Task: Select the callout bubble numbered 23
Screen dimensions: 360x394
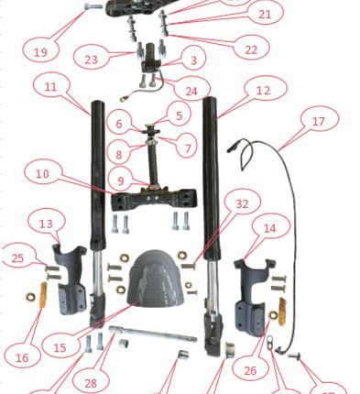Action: pyautogui.click(x=91, y=59)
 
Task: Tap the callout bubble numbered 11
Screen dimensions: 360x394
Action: pyautogui.click(x=50, y=86)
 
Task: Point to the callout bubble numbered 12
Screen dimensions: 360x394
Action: pyautogui.click(x=263, y=90)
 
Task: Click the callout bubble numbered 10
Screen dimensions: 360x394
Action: pyautogui.click(x=42, y=173)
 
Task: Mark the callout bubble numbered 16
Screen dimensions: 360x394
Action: pyautogui.click(x=22, y=356)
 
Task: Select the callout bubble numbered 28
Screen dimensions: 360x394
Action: pyautogui.click(x=91, y=382)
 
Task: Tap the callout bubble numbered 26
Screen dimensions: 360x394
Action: pyautogui.click(x=250, y=370)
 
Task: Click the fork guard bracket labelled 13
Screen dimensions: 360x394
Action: pyautogui.click(x=69, y=279)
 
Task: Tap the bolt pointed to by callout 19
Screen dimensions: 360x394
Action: pyautogui.click(x=93, y=5)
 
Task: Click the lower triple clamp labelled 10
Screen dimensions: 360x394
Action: pyautogui.click(x=153, y=199)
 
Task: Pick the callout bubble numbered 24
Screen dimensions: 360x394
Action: pyautogui.click(x=191, y=90)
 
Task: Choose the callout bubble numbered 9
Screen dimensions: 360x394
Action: pyautogui.click(x=121, y=181)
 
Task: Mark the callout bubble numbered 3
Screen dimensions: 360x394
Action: pyautogui.click(x=193, y=60)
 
